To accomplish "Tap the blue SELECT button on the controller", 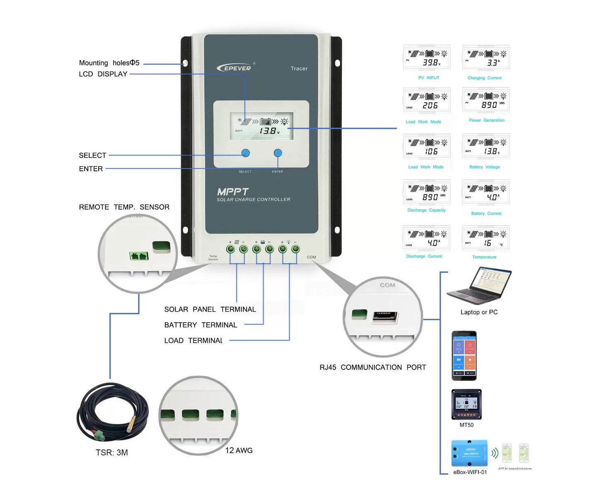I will pos(245,153).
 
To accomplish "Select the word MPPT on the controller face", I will pos(233,192).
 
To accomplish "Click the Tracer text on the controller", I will pos(299,68).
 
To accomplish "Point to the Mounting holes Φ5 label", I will pos(109,63).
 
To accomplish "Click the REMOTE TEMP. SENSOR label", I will pos(124,207).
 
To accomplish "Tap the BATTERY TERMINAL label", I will pos(201,325).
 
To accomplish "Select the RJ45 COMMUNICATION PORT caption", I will pos(372,367).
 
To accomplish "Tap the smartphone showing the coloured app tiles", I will pos(464,355).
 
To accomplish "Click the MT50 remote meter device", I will pos(466,404).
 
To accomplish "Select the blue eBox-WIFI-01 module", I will pos(469,453).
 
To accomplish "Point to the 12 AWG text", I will pos(239,451).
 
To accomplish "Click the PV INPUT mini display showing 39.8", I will pos(427,58).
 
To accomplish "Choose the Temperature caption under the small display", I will pos(484,257).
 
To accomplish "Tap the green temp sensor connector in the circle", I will pos(139,256).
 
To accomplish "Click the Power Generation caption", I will pos(486,120).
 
